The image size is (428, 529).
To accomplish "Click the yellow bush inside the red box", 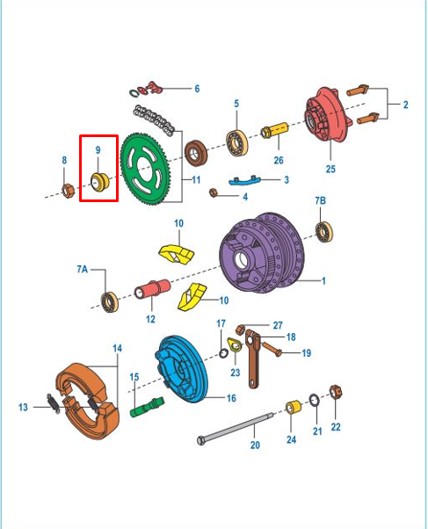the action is tap(100, 182).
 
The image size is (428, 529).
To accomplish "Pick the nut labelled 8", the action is tap(69, 191).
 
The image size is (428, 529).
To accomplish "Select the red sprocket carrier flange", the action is tap(327, 115).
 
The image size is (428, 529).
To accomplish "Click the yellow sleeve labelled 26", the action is tap(275, 130).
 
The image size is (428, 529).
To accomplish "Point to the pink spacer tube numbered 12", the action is tap(153, 289).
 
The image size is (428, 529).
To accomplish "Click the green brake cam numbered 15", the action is tap(147, 407).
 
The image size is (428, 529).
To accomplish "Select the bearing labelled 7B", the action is tap(324, 232).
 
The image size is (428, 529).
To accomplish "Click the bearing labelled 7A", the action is tap(110, 302).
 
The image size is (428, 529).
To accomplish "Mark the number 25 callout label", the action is tap(330, 169).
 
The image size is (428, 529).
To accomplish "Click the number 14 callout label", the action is tap(117, 348).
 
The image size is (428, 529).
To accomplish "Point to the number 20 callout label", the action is tap(255, 445).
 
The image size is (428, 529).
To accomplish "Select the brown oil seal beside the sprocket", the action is tap(196, 153).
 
